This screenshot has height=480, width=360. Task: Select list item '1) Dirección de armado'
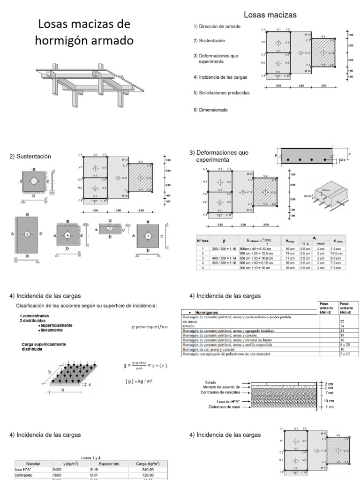tap(217, 27)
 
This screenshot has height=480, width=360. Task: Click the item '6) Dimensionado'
tap(210, 110)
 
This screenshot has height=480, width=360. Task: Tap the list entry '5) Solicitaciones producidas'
tap(222, 93)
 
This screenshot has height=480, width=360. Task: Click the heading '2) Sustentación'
tap(30, 156)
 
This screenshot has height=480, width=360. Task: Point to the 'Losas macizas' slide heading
tap(270, 15)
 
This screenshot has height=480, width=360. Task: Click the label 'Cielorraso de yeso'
tap(224, 407)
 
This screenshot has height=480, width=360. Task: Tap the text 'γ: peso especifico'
tap(149, 327)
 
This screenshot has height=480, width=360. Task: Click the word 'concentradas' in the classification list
tap(36, 316)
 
